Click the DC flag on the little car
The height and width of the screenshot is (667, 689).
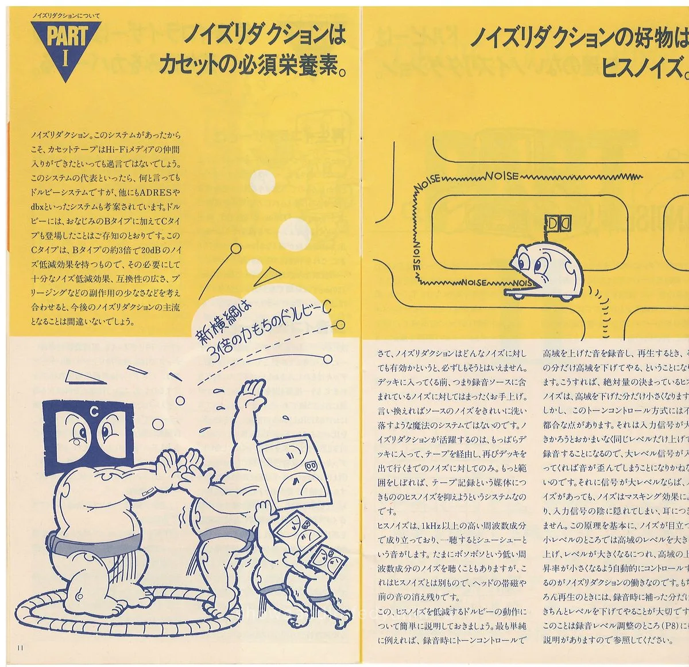[x=556, y=223]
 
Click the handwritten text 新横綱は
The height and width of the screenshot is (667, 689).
[x=224, y=325]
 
